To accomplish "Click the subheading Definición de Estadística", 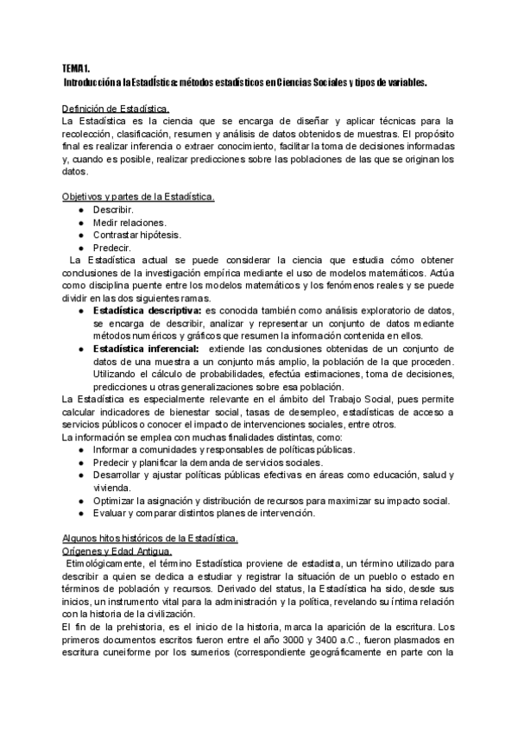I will [116, 109].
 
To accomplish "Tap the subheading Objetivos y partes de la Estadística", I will [138, 197].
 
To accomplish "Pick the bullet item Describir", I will [113, 210].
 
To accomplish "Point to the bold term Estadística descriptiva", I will [148, 309].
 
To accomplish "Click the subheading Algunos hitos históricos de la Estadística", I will [150, 538].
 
